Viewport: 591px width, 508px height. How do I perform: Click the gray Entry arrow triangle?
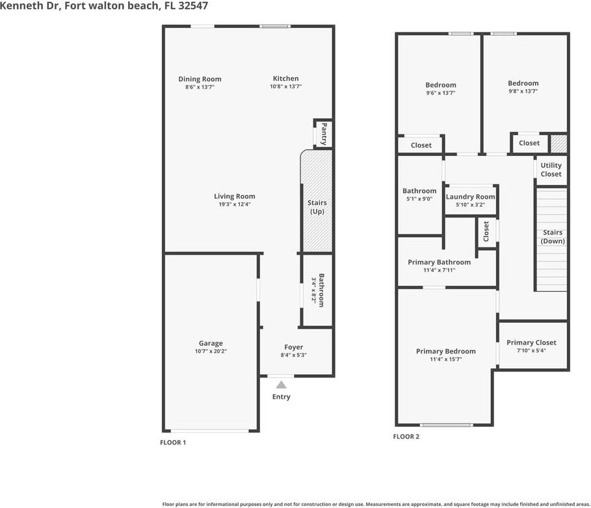click(x=281, y=385)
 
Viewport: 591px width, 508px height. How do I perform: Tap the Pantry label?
click(x=324, y=134)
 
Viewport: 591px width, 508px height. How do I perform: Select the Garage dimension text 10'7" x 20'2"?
click(x=211, y=351)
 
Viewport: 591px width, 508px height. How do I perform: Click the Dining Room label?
click(x=200, y=79)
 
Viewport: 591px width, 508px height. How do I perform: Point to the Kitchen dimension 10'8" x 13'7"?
click(x=285, y=86)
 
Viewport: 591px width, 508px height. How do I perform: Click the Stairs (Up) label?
click(x=317, y=207)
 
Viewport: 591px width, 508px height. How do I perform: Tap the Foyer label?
click(x=294, y=347)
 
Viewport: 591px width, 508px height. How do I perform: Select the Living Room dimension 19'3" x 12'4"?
click(x=235, y=204)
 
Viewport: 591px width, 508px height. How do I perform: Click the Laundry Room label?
click(x=470, y=197)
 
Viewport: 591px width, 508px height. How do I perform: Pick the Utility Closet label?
click(x=551, y=170)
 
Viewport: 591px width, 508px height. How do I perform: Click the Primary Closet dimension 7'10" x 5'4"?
click(x=531, y=351)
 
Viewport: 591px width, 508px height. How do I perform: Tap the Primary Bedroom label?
click(x=446, y=351)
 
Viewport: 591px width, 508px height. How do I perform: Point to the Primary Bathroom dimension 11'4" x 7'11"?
click(x=440, y=270)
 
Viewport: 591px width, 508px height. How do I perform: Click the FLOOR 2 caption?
click(x=406, y=437)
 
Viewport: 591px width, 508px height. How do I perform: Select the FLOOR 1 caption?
click(x=173, y=442)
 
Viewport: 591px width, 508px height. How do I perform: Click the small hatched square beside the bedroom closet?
click(x=559, y=144)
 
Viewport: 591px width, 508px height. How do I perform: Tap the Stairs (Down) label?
click(x=553, y=237)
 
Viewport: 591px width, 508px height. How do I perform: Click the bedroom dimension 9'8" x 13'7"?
click(x=523, y=91)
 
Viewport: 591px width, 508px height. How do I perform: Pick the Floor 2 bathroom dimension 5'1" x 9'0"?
click(x=419, y=199)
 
